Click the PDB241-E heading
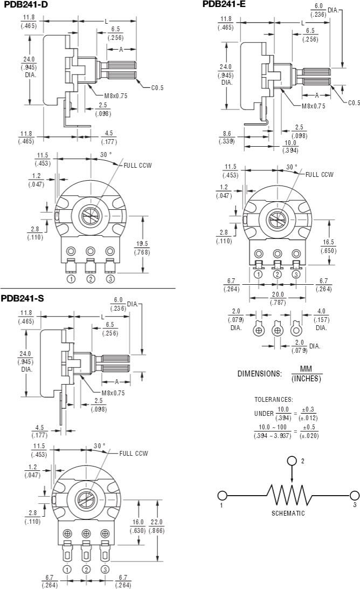[x=224, y=4]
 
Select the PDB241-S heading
[x=22, y=298]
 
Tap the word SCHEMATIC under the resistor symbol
[x=288, y=513]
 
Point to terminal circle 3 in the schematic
[x=354, y=495]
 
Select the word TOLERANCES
[x=273, y=400]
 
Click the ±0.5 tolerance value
[x=308, y=428]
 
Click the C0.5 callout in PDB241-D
[x=157, y=88]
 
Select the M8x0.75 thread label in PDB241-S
[x=113, y=393]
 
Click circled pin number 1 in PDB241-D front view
[x=71, y=279]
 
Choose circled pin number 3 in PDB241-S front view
[x=105, y=570]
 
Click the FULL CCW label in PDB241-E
[x=319, y=174]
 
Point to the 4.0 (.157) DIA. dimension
[x=321, y=315]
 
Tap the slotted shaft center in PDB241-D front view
[x=89, y=216]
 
